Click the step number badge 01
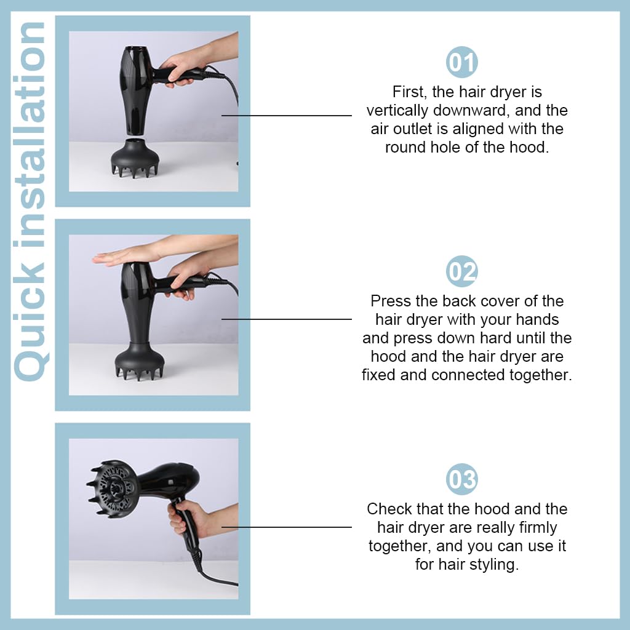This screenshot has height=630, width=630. (x=461, y=62)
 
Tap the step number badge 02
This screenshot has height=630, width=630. (x=461, y=271)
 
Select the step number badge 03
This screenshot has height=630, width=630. (x=461, y=479)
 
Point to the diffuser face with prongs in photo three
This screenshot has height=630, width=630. (x=111, y=488)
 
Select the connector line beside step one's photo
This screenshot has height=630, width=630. (x=287, y=115)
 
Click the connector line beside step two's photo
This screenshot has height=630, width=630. (x=287, y=319)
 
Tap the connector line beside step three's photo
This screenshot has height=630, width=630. (x=287, y=527)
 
